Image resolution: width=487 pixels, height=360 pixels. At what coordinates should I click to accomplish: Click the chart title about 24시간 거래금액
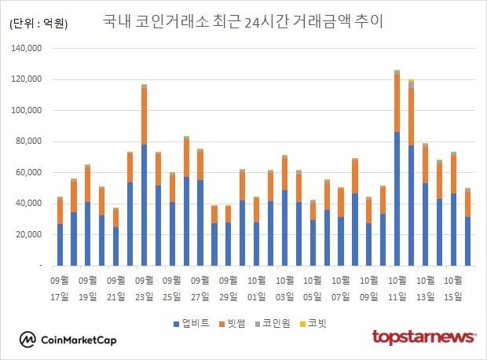click(x=243, y=20)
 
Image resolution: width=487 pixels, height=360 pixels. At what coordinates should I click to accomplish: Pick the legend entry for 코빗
click(x=317, y=322)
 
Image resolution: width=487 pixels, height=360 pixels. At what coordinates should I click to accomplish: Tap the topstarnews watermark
click(x=424, y=338)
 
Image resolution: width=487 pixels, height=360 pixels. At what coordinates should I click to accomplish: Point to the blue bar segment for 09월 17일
click(x=60, y=245)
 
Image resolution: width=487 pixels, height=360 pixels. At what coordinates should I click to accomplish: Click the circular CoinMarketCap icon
click(x=28, y=340)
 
